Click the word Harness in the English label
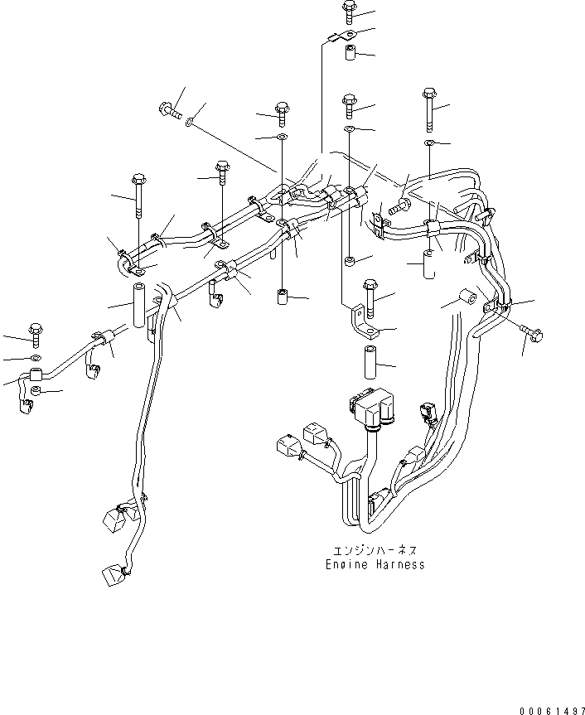[397, 564]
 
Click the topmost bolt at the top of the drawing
[347, 12]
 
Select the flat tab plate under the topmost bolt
[341, 36]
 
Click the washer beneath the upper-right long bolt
[429, 144]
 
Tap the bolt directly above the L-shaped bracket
[369, 296]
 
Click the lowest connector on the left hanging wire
[113, 573]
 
